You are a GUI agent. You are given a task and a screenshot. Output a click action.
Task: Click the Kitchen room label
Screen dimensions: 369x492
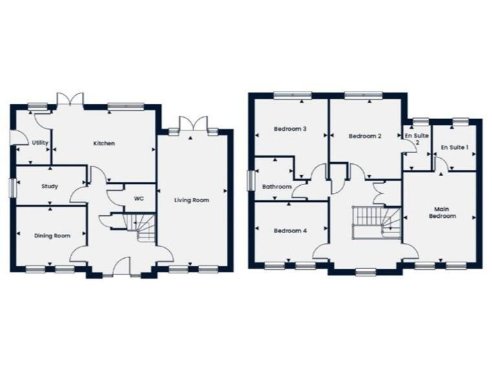[x=104, y=143]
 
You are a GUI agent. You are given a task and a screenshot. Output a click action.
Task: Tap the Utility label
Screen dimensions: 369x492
[x=39, y=125]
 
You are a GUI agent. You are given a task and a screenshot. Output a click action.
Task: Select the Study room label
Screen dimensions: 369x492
[x=49, y=187]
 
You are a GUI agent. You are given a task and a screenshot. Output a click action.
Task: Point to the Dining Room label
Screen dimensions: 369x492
[x=52, y=236]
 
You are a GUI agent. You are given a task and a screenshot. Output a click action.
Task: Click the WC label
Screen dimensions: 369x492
[x=138, y=199]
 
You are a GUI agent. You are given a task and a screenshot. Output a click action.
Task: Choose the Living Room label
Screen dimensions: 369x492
[x=192, y=201]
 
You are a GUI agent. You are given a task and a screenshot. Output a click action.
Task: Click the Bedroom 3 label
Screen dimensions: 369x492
[x=290, y=129]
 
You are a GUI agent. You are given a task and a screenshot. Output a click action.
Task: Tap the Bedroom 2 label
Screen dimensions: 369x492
[x=365, y=136]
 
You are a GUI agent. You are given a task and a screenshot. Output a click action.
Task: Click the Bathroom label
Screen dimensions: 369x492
[x=277, y=186]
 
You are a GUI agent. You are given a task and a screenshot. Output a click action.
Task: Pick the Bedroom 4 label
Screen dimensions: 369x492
[x=290, y=231]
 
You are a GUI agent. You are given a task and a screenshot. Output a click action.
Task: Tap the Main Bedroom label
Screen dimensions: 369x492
[x=442, y=213]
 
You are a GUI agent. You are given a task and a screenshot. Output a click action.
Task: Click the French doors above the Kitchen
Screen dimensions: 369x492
[x=69, y=100]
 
